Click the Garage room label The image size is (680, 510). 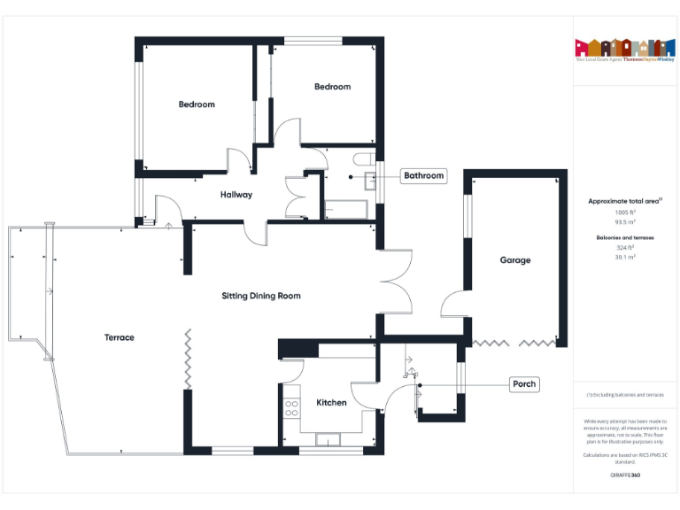pos(515,260)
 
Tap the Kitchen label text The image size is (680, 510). pos(332,403)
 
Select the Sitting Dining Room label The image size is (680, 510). pos(261,296)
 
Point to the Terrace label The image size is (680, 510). pos(120,337)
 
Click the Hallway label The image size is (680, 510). pos(236,195)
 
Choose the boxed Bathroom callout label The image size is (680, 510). pos(424,175)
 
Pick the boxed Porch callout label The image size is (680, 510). pos(525,384)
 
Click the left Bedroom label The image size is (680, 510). pos(197,104)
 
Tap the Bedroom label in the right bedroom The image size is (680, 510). pos(333,87)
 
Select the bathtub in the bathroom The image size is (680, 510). pos(346,210)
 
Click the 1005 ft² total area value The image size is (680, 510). pos(625,212)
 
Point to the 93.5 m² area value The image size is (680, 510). pos(625,222)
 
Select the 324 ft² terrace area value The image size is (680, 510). pos(625,248)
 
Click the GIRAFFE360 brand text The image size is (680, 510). pos(625,475)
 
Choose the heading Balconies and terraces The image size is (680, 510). pos(625,238)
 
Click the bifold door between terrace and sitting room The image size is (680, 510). pos(188,358)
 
